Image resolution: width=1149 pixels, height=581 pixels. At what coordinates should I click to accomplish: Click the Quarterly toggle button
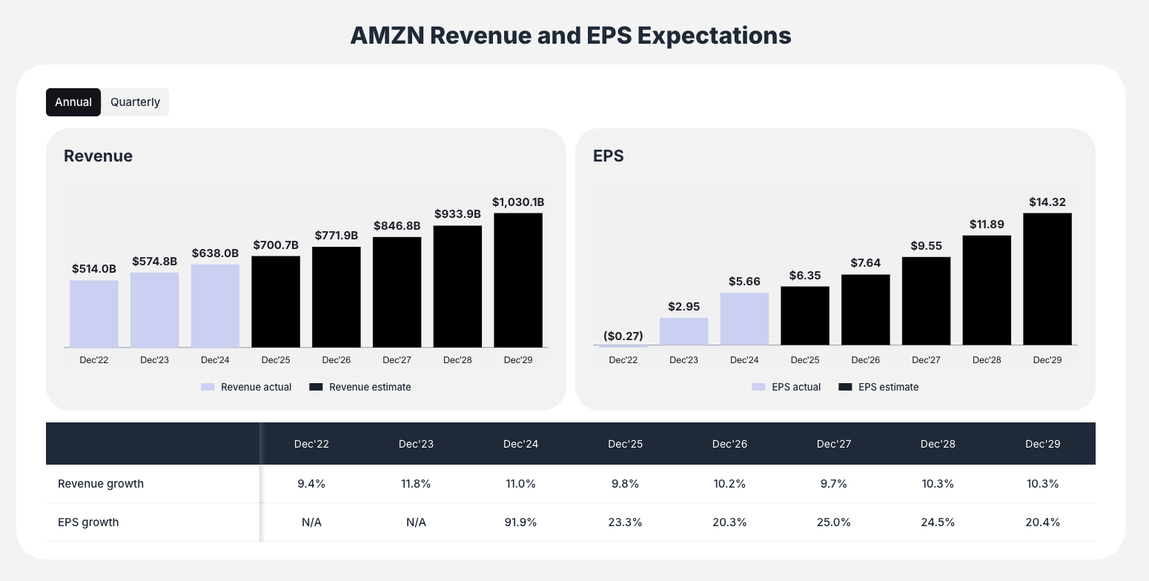[x=135, y=102]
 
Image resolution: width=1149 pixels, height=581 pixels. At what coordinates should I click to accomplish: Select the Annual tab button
[x=73, y=102]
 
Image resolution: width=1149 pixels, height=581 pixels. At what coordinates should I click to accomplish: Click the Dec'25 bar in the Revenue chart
[x=276, y=302]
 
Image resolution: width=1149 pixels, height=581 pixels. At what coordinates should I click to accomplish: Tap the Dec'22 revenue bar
[x=94, y=313]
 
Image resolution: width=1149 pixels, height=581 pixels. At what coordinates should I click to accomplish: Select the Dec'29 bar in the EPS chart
[x=1047, y=279]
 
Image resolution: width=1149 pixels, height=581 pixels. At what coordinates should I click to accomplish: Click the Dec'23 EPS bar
[x=683, y=331]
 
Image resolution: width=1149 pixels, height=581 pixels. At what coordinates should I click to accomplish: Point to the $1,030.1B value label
[x=518, y=202]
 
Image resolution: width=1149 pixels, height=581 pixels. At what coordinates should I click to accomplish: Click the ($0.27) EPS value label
[x=623, y=336]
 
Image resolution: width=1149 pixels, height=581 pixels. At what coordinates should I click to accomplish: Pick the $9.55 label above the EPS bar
[x=926, y=245]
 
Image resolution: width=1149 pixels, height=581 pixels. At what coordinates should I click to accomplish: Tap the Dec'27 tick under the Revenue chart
[x=397, y=360]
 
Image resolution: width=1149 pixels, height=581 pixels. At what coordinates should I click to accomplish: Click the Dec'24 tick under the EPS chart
[x=744, y=360]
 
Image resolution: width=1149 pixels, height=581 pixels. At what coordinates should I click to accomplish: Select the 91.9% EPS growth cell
[x=520, y=522]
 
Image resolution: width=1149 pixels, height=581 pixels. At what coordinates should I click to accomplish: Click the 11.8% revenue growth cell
[x=416, y=483]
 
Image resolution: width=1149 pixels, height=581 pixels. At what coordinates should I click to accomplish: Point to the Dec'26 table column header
[x=729, y=444]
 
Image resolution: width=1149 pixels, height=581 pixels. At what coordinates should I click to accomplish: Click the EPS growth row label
[x=88, y=522]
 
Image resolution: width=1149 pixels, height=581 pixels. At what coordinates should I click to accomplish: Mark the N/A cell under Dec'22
[x=311, y=522]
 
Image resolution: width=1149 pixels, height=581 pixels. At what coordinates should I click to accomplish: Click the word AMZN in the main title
[x=386, y=36]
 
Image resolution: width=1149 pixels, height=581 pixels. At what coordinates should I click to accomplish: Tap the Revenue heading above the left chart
[x=98, y=156]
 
